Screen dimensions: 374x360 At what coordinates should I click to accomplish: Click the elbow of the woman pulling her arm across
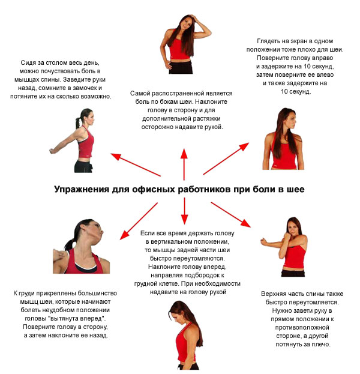point(263,242)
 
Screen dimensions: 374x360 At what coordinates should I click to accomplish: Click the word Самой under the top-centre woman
point(141,94)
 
